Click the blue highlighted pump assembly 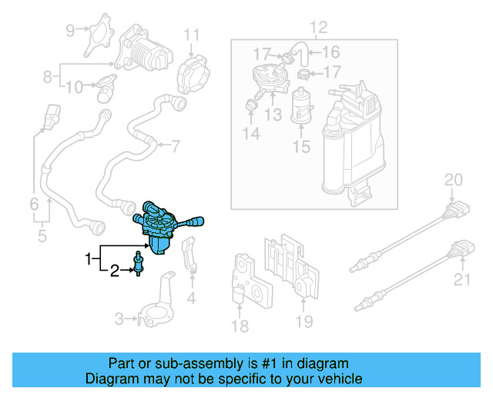pyautogui.click(x=162, y=228)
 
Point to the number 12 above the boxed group pyautogui.click(x=318, y=29)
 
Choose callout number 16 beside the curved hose pyautogui.click(x=330, y=52)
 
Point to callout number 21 pyautogui.click(x=462, y=279)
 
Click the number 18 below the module pyautogui.click(x=240, y=326)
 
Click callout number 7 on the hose pyautogui.click(x=175, y=145)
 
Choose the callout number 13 pyautogui.click(x=272, y=115)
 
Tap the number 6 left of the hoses pyautogui.click(x=34, y=204)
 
